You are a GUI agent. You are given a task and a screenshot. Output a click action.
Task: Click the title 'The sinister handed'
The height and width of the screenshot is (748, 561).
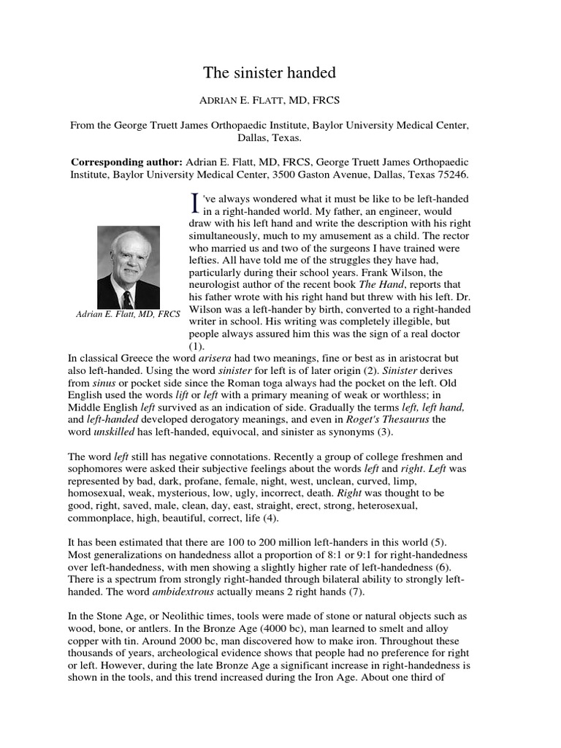[269, 73]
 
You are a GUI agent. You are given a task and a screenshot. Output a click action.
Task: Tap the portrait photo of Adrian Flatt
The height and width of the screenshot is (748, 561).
[129, 267]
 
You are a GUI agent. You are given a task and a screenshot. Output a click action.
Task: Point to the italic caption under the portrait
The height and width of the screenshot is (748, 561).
[128, 315]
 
